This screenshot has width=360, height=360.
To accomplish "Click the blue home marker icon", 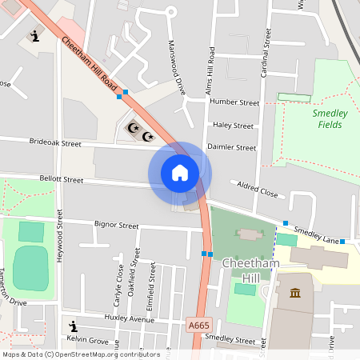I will click(x=180, y=173).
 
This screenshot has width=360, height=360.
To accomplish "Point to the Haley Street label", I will click(x=233, y=126).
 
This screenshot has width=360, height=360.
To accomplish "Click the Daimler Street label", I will click(x=231, y=148).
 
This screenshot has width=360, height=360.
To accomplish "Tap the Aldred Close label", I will click(x=257, y=190).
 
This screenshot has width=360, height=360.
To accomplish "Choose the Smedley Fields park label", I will click(x=330, y=119).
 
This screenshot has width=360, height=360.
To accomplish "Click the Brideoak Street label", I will click(x=55, y=145).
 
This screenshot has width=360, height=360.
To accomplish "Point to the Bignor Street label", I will click(x=117, y=226).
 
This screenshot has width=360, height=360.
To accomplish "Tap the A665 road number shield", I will click(x=200, y=324).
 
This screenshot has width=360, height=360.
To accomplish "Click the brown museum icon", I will click(x=295, y=293).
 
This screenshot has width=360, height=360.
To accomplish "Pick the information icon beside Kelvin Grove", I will click(x=74, y=326).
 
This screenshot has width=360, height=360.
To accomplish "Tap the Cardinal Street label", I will click(x=262, y=72).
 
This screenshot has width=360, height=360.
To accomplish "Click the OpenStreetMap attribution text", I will click(x=81, y=354).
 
